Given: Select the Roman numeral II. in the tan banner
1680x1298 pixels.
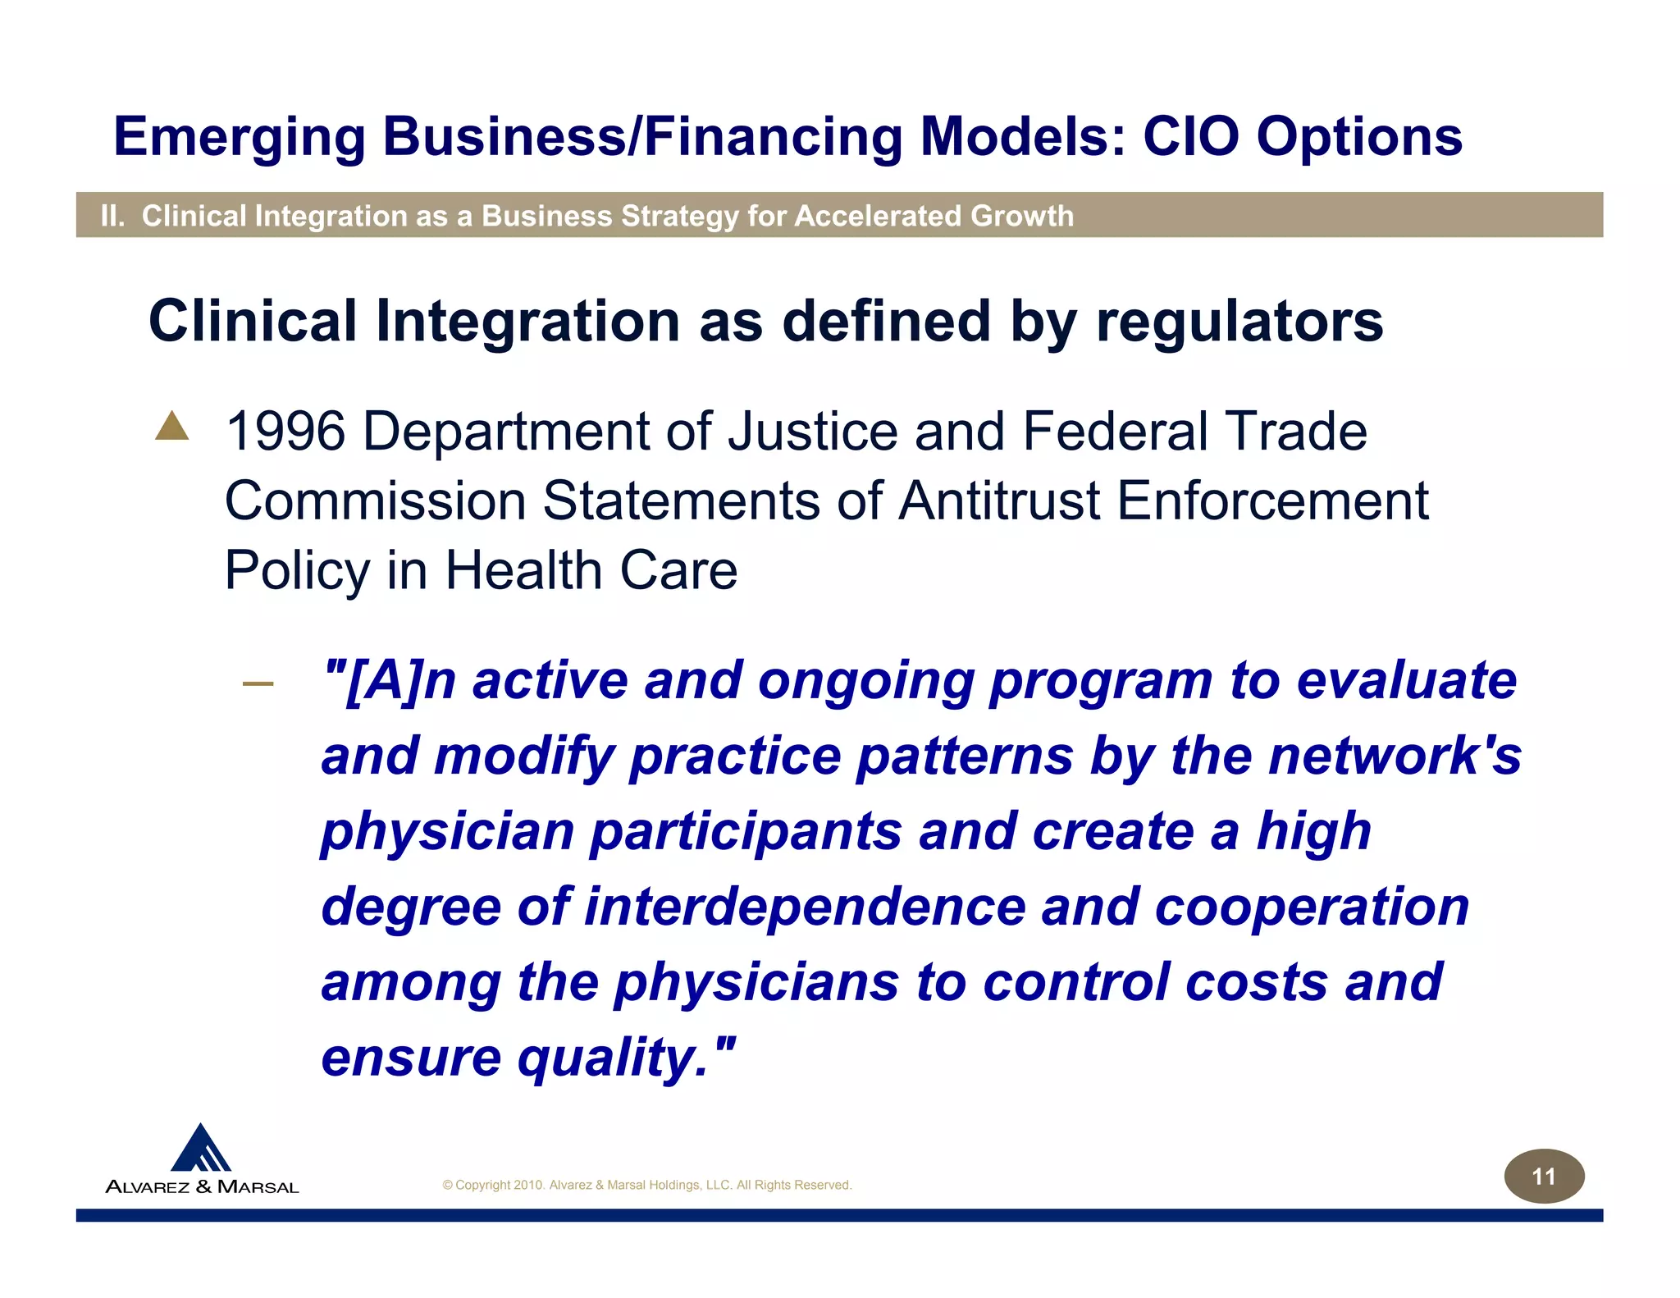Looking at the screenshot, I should [x=112, y=216].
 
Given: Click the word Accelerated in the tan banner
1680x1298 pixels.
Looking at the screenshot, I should [x=878, y=216].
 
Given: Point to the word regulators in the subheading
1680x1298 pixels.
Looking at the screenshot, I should [x=1239, y=321].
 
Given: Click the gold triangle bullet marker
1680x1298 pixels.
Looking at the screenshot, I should [x=171, y=427].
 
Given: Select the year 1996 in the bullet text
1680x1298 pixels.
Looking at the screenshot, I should [x=285, y=432].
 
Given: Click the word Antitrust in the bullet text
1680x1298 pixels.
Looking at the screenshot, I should [x=998, y=500].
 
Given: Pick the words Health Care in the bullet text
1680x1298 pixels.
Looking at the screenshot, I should [x=591, y=570].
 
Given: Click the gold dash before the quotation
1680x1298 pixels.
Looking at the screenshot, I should [x=258, y=683].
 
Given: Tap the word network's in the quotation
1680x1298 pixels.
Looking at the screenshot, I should [x=1395, y=756].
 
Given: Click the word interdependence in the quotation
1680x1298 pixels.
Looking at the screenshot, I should [x=805, y=907].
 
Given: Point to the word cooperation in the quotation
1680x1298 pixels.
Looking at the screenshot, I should [x=1312, y=907].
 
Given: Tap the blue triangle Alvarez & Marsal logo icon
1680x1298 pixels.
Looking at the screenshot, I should [x=201, y=1149].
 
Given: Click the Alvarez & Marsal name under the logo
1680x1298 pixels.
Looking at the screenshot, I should [x=203, y=1186].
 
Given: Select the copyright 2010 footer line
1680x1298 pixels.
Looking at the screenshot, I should [x=646, y=1185].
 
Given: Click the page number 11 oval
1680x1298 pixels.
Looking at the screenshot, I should [x=1543, y=1177].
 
